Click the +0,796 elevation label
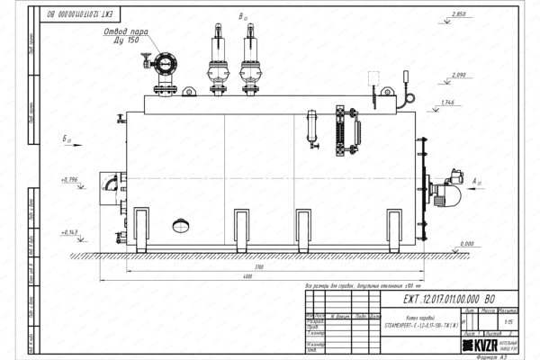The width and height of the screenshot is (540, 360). point(69,181)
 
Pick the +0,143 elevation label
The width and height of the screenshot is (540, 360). point(69,232)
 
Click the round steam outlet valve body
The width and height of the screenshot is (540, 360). point(163,65)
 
